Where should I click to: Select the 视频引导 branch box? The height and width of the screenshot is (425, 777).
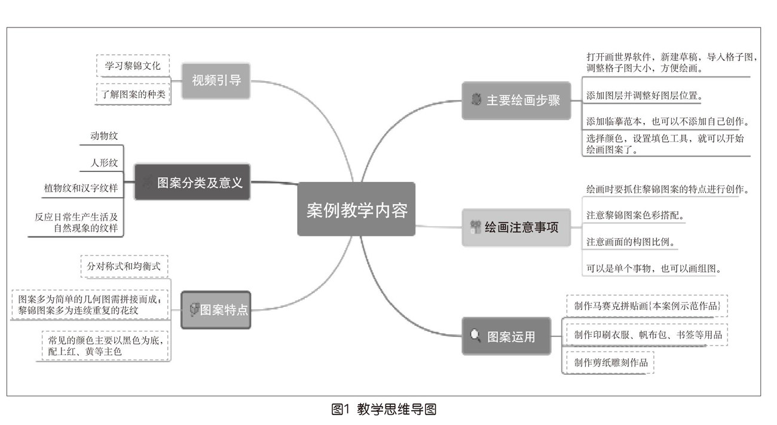216,81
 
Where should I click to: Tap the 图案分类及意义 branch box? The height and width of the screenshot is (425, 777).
192,182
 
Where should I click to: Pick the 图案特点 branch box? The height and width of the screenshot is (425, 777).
216,309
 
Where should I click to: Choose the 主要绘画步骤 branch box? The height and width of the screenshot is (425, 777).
516,100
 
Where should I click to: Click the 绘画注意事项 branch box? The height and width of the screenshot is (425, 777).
516,227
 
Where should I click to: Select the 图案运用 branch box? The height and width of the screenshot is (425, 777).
506,336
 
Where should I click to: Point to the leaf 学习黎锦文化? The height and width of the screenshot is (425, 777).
133,66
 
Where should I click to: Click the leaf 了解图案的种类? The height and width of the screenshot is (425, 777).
133,93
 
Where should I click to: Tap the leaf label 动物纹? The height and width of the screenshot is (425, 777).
104,136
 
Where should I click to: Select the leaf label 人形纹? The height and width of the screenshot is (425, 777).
104,162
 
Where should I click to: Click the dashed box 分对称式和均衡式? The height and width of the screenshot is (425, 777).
124,266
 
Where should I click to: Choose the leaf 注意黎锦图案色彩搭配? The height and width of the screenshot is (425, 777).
635,215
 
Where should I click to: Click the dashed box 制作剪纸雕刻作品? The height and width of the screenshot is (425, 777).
610,362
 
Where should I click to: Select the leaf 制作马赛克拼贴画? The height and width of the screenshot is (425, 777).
647,306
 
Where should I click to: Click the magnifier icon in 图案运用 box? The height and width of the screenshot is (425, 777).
476,336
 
